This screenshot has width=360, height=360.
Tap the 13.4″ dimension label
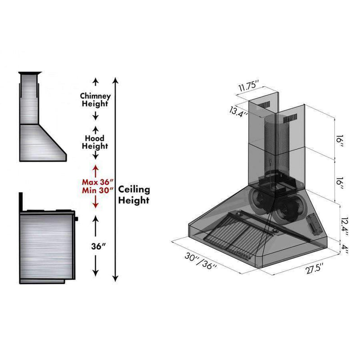[x=239, y=112]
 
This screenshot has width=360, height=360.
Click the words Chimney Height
[x=95, y=99]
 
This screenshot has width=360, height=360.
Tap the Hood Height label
[x=95, y=142]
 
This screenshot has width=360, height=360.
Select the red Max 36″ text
[x=98, y=182]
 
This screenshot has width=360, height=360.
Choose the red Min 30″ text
[x=98, y=190]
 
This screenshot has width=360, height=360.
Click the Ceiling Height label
[x=134, y=195]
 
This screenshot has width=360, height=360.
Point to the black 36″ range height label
[x=98, y=246]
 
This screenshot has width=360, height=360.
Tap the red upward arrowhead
[x=95, y=167]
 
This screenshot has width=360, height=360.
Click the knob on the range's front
[x=76, y=219]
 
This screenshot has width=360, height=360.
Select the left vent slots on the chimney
[x=263, y=105]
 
